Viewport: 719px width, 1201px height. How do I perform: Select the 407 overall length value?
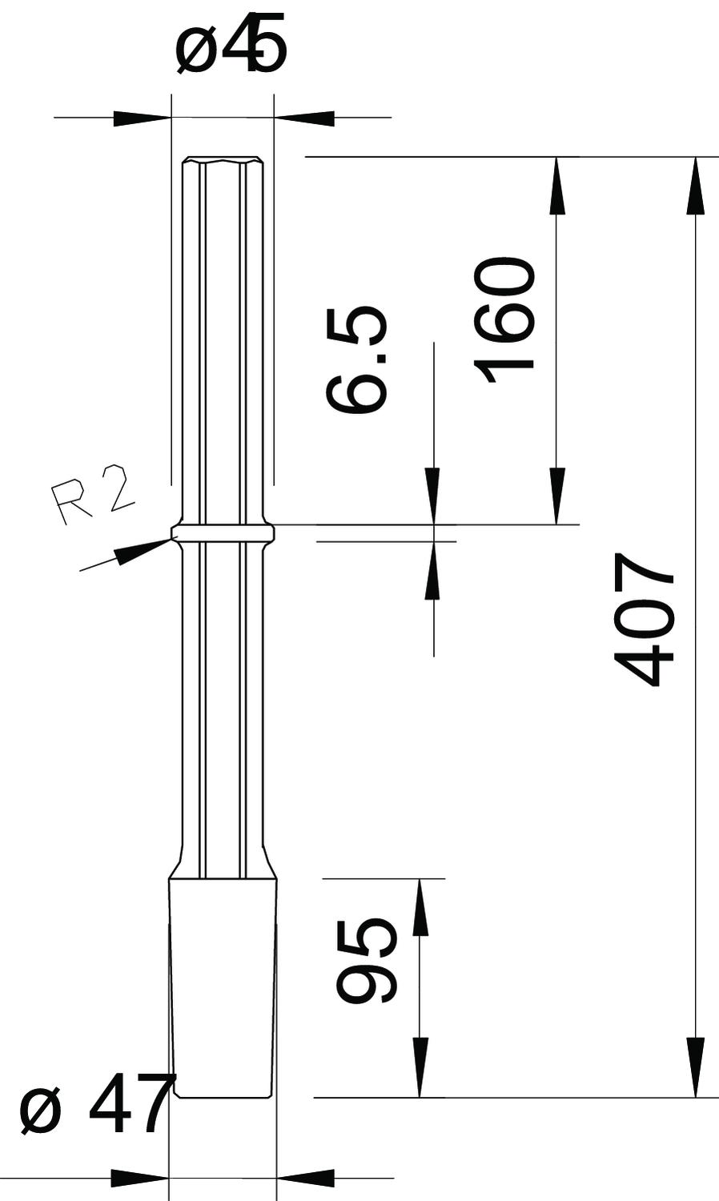pos(644,619)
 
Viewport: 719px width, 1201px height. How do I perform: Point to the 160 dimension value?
pos(504,319)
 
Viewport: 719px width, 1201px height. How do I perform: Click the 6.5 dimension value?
pos(357,359)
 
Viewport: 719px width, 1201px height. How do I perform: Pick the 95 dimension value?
pos(365,962)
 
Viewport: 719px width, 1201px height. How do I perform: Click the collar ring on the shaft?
pos(223,532)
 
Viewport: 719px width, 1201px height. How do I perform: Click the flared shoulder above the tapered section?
pos(223,866)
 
